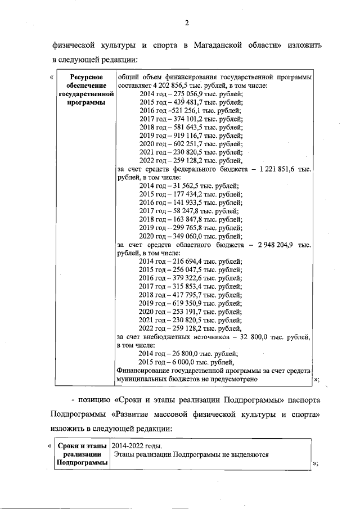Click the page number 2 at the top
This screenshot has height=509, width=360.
[187, 22]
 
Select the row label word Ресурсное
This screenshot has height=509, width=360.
[84, 76]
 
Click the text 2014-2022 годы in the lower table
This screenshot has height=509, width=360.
[137, 445]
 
